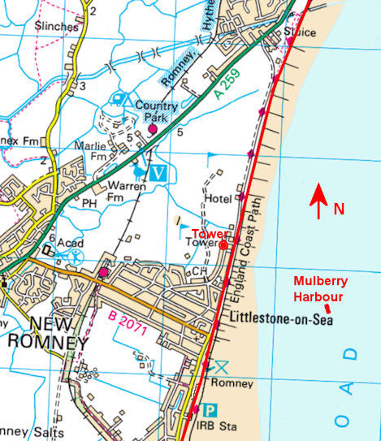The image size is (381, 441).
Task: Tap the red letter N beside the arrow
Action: (339, 209)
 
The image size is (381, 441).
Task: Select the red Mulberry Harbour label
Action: (321, 288)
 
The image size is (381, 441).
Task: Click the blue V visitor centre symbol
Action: (159, 172)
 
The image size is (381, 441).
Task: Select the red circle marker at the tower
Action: (223, 244)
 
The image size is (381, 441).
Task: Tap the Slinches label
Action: (57, 26)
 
